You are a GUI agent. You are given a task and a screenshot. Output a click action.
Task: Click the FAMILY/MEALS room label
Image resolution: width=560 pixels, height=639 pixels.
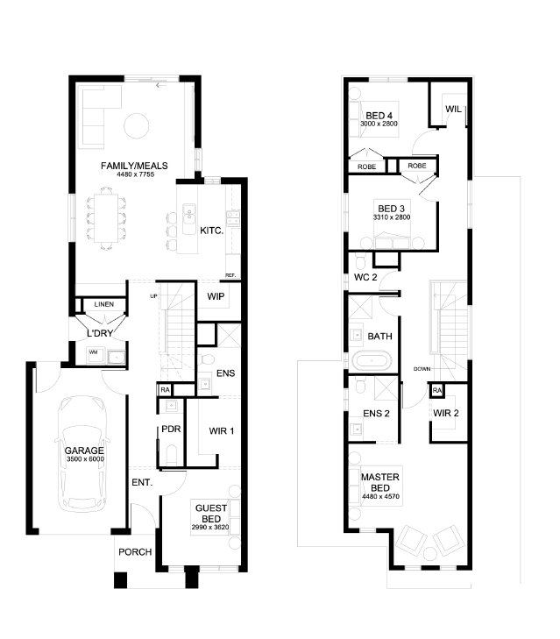click(134, 166)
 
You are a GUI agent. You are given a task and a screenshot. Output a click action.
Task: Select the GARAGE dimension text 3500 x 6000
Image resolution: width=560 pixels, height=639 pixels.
click(85, 459)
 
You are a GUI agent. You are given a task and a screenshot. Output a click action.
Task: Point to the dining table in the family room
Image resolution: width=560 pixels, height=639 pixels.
click(106, 218)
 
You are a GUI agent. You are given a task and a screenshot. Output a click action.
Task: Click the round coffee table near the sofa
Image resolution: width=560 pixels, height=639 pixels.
click(136, 125)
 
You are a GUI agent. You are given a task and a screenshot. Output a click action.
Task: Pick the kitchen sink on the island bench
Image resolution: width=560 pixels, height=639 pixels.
click(188, 219)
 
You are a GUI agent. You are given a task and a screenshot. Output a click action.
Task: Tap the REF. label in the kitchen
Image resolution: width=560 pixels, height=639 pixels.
click(230, 275)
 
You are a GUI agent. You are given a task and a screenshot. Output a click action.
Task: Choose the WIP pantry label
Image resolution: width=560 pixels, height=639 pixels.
click(216, 296)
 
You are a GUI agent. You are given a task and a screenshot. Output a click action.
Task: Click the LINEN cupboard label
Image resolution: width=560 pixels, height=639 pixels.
click(104, 304)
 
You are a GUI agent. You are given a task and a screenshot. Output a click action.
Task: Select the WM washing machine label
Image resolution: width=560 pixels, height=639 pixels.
click(93, 352)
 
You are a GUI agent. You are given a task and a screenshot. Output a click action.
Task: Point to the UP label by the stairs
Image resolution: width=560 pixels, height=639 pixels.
click(153, 296)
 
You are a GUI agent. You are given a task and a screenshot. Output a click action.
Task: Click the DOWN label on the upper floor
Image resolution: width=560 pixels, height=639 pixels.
click(422, 369)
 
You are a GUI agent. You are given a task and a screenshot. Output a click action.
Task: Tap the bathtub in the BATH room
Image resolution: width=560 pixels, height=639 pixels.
click(372, 361)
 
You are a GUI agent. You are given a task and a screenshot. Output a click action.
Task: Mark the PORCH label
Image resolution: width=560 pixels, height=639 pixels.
click(135, 552)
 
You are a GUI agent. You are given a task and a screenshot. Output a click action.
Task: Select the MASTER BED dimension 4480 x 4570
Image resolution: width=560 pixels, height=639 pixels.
click(380, 497)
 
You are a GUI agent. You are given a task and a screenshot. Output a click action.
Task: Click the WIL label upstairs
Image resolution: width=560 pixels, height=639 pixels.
click(453, 110)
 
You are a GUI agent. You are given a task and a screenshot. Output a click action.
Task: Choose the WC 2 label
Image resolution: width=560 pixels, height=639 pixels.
click(365, 278)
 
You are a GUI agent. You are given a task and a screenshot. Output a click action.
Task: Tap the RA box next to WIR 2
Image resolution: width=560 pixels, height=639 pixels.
click(437, 390)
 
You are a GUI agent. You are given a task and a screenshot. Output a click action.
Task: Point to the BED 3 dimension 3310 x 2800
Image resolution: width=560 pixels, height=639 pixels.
click(392, 217)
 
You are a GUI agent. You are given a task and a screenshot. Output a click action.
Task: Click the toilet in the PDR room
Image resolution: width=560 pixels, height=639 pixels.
click(172, 455)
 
